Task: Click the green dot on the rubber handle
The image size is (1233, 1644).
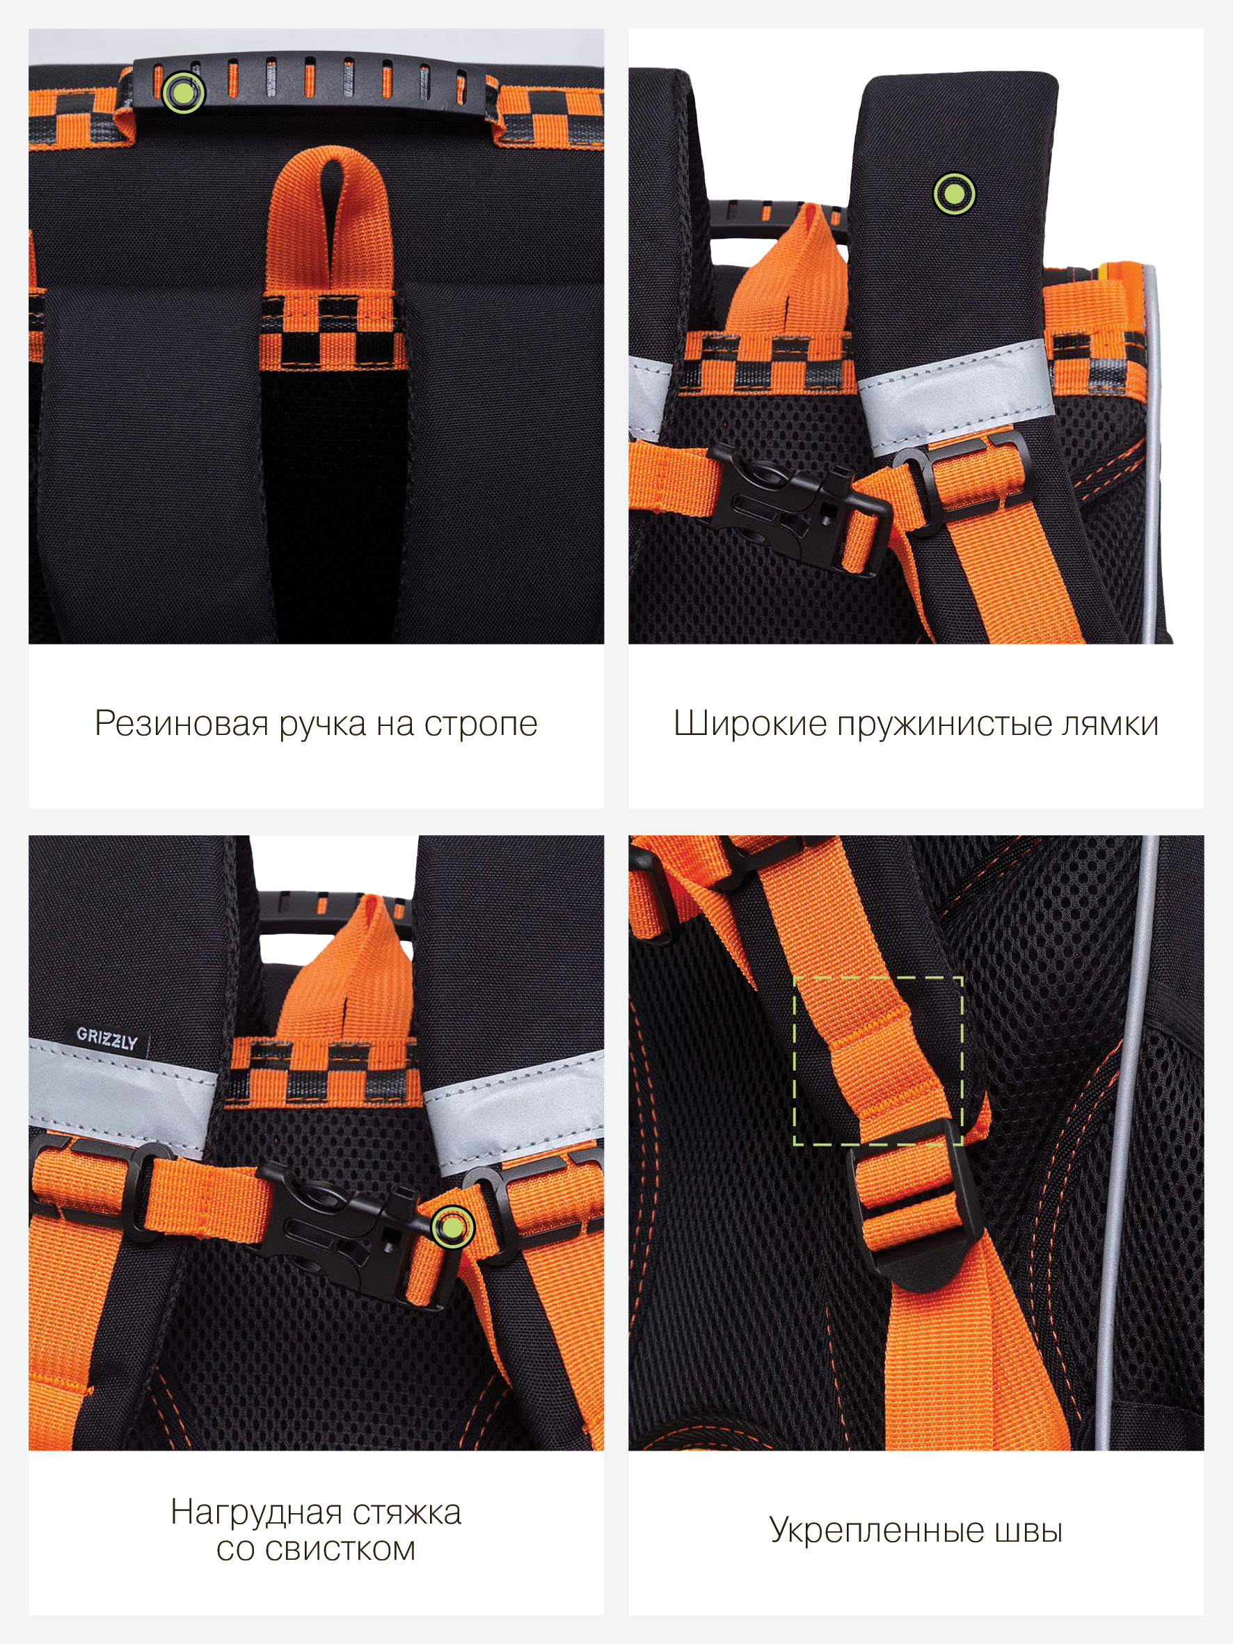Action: point(183,91)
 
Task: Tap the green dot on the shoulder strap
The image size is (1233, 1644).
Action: point(954,193)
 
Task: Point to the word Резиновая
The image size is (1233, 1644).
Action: point(182,723)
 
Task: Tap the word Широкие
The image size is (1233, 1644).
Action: point(749,724)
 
